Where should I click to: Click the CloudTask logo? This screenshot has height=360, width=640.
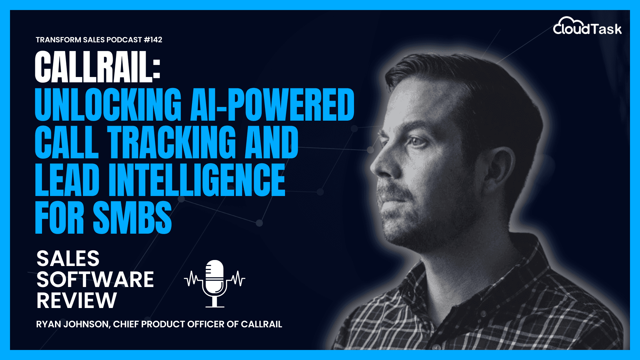[587, 26]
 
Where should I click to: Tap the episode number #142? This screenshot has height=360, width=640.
[153, 40]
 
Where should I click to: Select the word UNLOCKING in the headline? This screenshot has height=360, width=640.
[108, 104]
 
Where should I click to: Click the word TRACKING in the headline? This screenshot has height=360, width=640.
[171, 142]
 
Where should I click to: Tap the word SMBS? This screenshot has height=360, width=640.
[132, 218]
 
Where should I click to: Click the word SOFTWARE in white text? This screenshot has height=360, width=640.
[95, 279]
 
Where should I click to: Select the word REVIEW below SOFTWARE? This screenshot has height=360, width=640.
[77, 300]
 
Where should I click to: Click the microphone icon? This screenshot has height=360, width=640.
[215, 284]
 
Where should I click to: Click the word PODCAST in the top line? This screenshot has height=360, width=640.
[124, 40]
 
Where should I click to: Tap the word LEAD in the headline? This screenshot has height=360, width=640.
[67, 180]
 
